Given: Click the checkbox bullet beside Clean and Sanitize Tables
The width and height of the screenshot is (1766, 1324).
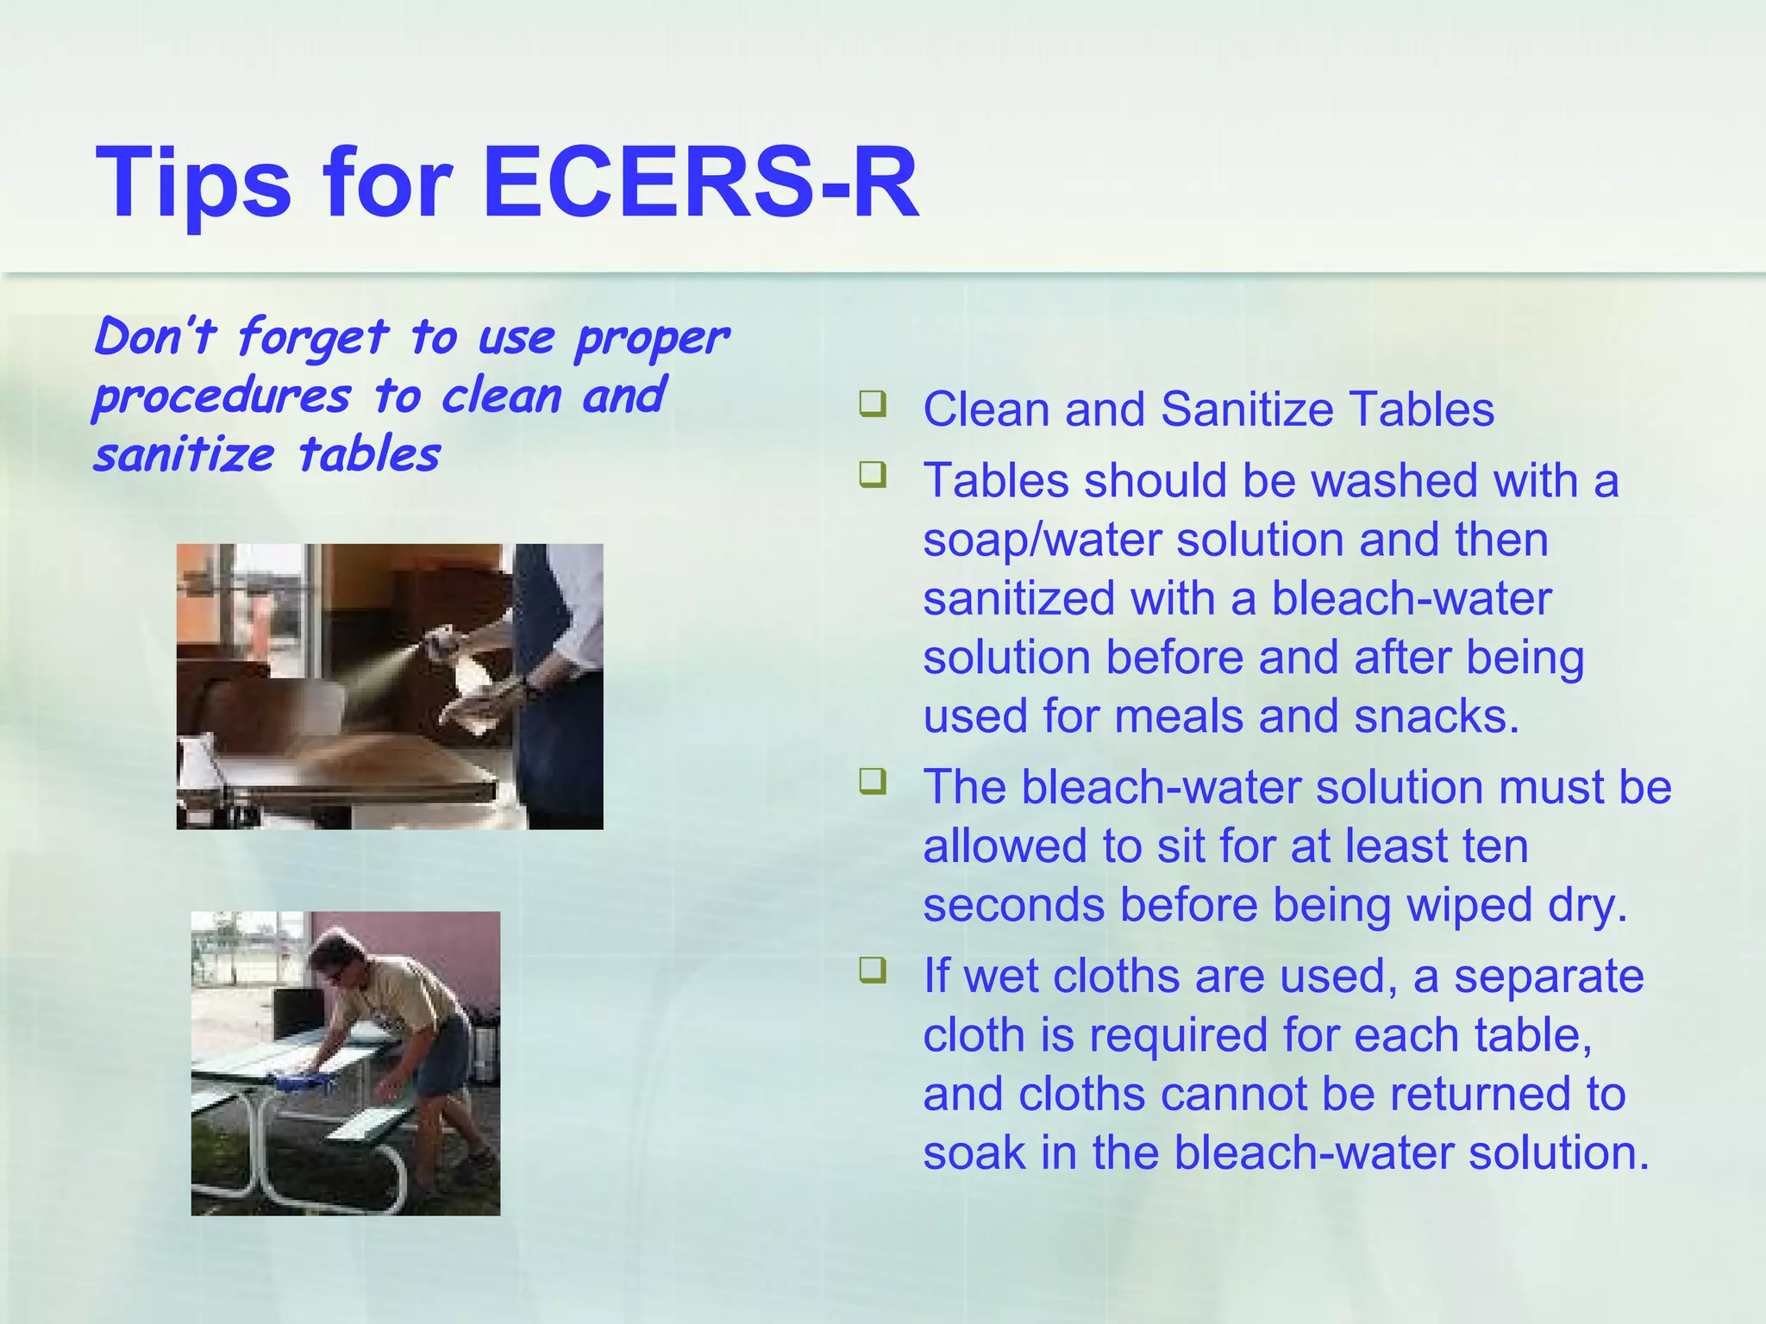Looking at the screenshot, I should (872, 403).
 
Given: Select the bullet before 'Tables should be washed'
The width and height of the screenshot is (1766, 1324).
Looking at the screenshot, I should (872, 475).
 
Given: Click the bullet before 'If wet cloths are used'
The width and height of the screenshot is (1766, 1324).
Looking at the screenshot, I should (872, 971).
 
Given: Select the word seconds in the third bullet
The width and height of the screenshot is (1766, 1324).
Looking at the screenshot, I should (1013, 905).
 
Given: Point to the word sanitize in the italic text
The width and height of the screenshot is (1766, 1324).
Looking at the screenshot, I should (183, 455).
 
